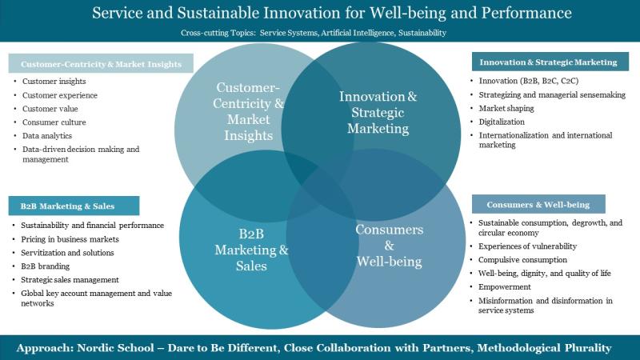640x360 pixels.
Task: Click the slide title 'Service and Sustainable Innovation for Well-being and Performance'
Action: (320, 14)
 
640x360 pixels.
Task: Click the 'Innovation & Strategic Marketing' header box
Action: (548, 62)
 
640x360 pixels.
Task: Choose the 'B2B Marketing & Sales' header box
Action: (74, 206)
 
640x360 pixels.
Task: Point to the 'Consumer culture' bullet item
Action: (54, 122)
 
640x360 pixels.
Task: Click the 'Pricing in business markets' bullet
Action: (70, 239)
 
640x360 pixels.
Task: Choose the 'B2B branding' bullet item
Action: (50, 266)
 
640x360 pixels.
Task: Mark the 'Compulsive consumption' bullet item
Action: (523, 260)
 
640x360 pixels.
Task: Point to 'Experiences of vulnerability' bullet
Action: (527, 246)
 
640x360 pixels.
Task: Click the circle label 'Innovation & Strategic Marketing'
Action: (378, 112)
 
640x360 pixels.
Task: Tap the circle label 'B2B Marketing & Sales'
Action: (251, 250)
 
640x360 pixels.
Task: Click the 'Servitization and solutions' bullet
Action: (67, 253)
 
